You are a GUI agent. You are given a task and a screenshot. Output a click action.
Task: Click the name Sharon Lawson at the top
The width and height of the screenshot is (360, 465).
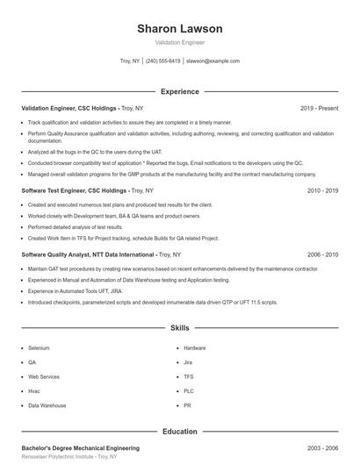point(179,29)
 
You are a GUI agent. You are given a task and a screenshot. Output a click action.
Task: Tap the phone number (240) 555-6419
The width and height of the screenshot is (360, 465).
point(163,61)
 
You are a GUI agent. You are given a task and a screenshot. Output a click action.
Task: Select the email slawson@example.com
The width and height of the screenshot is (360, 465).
point(212,61)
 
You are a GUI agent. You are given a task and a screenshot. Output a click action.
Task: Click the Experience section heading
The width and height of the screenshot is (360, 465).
point(179,91)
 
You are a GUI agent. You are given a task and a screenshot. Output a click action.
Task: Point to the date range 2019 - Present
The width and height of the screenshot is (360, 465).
point(319,108)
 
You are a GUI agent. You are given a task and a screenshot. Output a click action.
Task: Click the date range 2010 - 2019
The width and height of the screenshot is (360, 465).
point(322,190)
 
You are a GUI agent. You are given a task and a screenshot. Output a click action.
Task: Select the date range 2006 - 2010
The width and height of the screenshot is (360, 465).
point(322,254)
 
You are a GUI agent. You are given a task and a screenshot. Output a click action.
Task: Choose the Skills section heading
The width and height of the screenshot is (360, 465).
point(179,327)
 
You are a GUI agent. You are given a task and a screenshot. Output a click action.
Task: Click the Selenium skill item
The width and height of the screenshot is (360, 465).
point(39,347)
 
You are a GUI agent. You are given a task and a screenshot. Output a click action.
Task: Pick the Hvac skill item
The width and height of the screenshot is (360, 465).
point(33,391)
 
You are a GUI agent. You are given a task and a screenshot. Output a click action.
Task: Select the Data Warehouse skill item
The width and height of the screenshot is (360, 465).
point(47,405)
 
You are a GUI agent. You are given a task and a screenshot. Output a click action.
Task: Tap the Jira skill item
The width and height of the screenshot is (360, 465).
point(188,361)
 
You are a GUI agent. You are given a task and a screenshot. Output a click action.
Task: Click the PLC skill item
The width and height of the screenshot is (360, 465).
point(188,391)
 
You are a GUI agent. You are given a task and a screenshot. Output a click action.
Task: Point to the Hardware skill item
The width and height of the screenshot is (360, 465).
point(195,347)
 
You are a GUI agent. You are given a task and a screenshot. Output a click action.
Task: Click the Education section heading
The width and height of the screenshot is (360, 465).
point(179,431)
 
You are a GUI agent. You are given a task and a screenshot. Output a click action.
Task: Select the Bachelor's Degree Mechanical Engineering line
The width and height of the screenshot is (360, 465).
point(80,447)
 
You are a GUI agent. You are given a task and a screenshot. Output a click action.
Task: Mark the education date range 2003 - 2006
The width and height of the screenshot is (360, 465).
point(322,447)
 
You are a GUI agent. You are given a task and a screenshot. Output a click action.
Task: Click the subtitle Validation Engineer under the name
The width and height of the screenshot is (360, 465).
point(179,42)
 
